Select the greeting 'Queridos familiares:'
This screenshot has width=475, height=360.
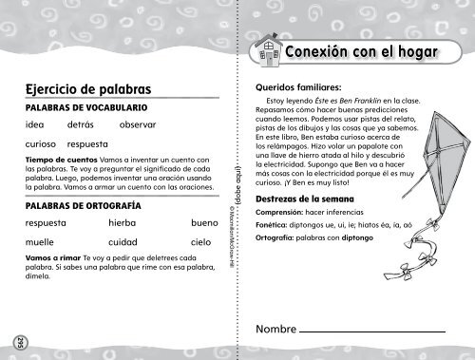295,85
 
